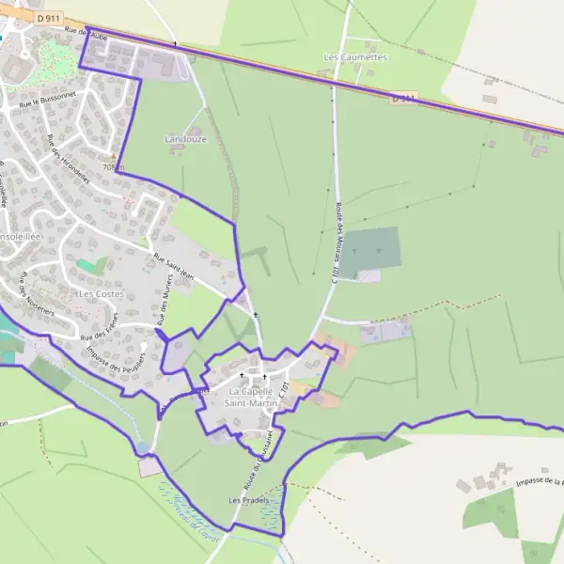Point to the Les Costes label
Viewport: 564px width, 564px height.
point(101,294)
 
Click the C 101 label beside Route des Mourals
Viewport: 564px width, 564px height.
point(333,272)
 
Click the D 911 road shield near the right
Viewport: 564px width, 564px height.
point(402,98)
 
